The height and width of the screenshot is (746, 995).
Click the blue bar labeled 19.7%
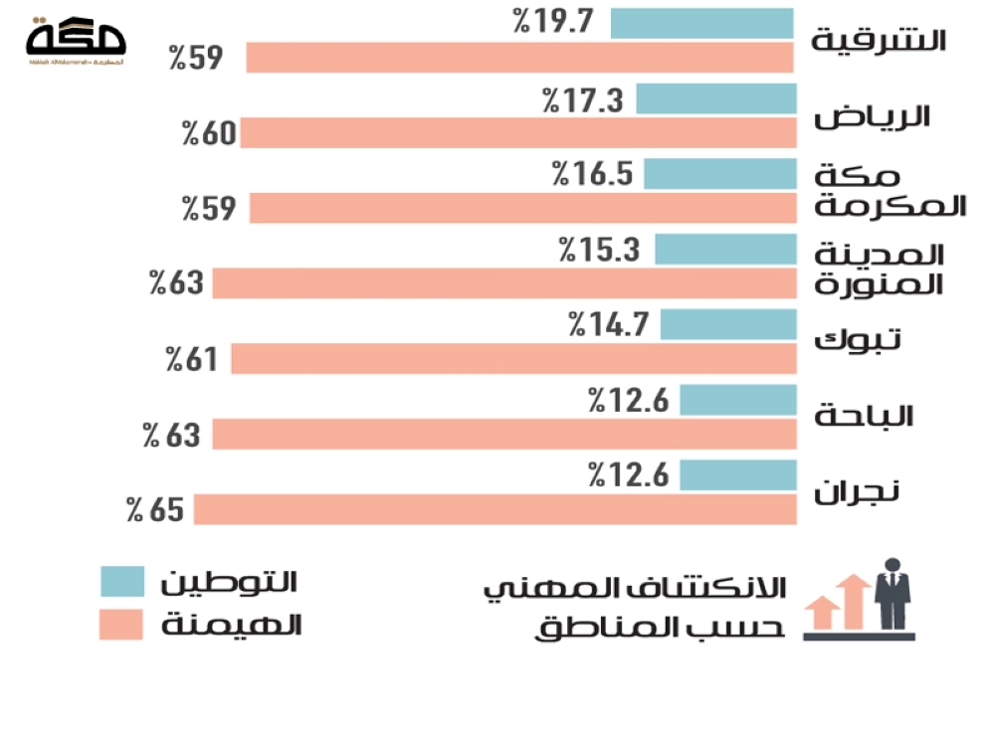701,23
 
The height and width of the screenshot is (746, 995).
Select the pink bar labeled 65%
495,510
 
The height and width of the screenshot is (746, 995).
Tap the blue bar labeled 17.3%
715,98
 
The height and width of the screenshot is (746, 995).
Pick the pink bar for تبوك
513,359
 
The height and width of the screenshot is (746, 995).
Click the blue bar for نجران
738,474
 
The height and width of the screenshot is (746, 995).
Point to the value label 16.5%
593,174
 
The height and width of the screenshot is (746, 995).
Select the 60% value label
208,133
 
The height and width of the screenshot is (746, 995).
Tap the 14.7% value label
608,324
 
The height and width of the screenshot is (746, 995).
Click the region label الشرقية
879,41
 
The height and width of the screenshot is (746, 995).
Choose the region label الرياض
873,116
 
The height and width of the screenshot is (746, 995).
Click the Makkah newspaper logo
77,42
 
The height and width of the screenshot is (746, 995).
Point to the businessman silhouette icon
892,594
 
